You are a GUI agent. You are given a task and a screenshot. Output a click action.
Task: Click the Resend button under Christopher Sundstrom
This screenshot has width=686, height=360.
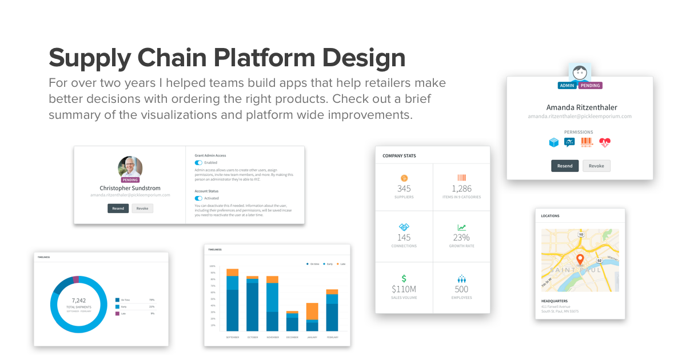point(118,209)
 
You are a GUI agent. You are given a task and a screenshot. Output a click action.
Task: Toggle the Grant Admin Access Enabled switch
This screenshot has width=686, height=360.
point(198,162)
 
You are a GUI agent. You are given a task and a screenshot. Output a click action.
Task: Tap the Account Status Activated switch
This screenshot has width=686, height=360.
point(198,198)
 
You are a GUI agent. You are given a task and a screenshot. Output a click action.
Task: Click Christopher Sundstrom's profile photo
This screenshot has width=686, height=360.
point(130,167)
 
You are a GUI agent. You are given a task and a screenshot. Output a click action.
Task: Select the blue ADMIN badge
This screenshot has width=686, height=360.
point(567,86)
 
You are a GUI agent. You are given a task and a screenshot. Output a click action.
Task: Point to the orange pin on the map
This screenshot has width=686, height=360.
point(579,259)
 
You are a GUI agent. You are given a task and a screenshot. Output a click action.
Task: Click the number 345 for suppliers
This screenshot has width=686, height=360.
point(404,189)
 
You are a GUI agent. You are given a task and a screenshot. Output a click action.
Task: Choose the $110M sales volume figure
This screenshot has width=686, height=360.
point(404,289)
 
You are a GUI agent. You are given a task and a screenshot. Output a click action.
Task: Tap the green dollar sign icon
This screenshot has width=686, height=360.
point(404,278)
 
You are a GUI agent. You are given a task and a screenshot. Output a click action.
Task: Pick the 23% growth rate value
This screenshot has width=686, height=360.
point(461,237)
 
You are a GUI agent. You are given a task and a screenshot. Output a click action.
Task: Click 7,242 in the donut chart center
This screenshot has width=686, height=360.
point(78,300)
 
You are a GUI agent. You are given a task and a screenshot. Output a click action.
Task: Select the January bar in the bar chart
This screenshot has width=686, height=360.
point(312,317)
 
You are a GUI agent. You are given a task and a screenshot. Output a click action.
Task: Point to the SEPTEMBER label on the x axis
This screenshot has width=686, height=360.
point(232,337)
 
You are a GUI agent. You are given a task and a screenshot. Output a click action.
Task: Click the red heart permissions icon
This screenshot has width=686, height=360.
point(605,143)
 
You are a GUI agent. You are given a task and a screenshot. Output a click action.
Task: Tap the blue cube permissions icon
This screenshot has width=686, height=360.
point(553,143)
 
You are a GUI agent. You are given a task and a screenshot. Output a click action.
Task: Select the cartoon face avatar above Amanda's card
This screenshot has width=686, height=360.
point(580,73)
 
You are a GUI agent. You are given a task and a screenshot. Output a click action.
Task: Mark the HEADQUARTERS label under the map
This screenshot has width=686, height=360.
point(554,301)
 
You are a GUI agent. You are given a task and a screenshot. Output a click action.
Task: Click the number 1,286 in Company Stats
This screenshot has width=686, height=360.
point(461,189)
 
